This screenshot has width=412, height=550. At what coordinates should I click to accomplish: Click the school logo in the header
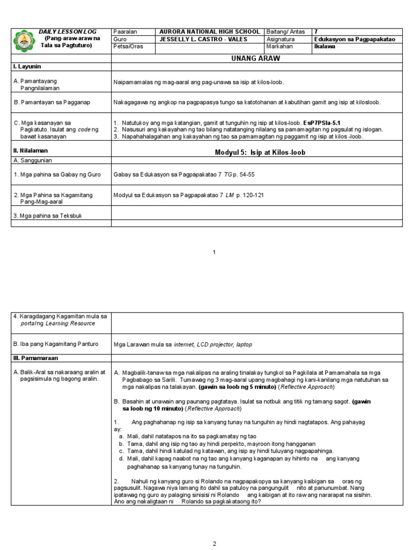point(25,41)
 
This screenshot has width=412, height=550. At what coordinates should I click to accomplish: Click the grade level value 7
point(316,32)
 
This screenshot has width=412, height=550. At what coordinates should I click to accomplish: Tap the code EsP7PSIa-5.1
point(318,123)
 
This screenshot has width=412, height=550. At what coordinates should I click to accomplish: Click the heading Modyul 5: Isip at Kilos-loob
point(260,153)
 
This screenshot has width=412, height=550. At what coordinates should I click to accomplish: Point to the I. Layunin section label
point(27,66)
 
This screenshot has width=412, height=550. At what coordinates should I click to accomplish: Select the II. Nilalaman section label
point(30,151)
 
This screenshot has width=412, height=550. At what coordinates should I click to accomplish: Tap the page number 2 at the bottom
point(214,544)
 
